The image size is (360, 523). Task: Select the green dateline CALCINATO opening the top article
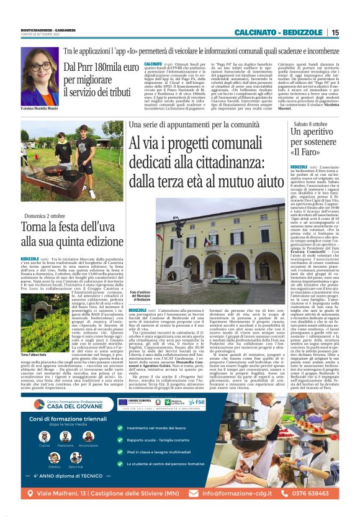coord(153,64)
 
